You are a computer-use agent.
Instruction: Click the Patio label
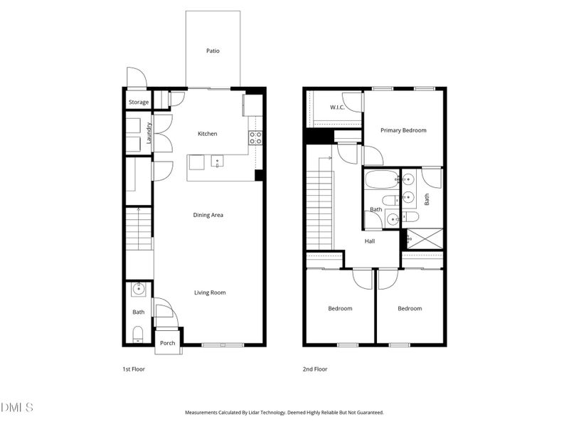click(213, 51)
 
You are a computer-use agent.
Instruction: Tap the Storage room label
click(139, 102)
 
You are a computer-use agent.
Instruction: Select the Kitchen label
click(207, 134)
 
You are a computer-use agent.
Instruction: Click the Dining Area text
click(208, 215)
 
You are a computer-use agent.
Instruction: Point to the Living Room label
click(210, 292)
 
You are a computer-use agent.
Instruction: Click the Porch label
click(167, 344)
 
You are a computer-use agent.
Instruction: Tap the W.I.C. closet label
click(337, 107)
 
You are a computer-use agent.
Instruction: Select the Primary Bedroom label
click(403, 130)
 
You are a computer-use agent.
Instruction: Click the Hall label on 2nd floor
click(370, 241)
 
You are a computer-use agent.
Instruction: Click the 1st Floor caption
click(134, 369)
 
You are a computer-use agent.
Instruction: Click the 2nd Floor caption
click(315, 369)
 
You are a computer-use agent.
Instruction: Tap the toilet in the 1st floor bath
click(139, 333)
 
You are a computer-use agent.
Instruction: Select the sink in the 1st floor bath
click(139, 289)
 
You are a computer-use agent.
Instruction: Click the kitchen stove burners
click(256, 137)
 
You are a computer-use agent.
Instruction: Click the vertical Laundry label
click(149, 133)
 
